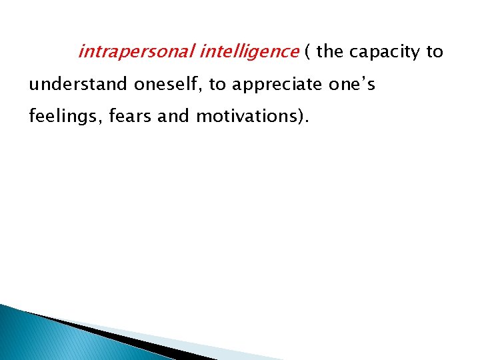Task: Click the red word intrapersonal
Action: click(135, 52)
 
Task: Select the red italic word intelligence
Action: click(249, 52)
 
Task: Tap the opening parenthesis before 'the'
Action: click(307, 52)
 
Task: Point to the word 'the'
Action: click(329, 52)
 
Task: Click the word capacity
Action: click(384, 53)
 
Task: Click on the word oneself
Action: click(164, 85)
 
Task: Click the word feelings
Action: click(59, 117)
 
